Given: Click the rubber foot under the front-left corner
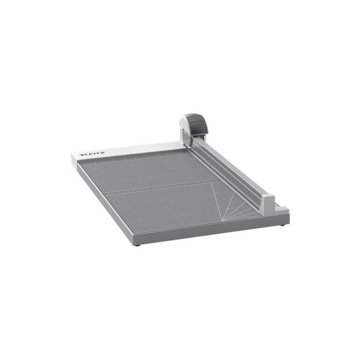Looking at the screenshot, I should pyautogui.click(x=137, y=244).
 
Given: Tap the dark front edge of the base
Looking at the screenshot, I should pyautogui.click(x=206, y=235).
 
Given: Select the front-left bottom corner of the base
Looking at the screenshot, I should pyautogui.click(x=133, y=243).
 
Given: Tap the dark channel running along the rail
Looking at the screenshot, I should pyautogui.click(x=226, y=172).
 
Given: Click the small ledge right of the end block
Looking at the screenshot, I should pyautogui.click(x=280, y=208).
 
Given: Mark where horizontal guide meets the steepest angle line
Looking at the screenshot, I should pyautogui.click(x=211, y=183).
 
